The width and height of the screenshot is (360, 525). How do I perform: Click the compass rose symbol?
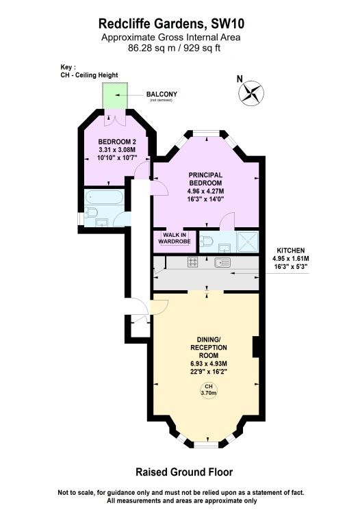coord(253,94)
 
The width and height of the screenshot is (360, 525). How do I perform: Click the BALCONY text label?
coord(162,94)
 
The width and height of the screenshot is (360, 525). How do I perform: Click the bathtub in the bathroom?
coord(105,199)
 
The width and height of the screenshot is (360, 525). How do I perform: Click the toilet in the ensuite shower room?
coord(207,241)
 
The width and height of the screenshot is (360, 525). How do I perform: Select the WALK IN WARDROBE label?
coord(173,238)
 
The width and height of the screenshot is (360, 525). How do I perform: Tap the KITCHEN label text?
coord(291,251)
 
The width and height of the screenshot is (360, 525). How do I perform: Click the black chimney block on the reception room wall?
coord(256,347)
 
